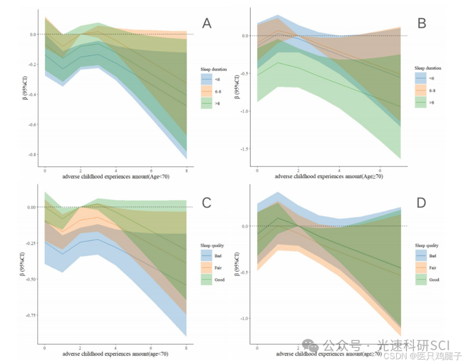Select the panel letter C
207,202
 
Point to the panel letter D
421,202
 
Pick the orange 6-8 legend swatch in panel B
421,91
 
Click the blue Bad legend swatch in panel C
206,256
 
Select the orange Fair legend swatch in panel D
421,268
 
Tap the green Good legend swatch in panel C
206,280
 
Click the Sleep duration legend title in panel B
428,68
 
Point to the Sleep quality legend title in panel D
427,246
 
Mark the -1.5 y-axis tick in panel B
246,149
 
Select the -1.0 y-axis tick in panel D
246,319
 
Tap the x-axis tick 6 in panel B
380,170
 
